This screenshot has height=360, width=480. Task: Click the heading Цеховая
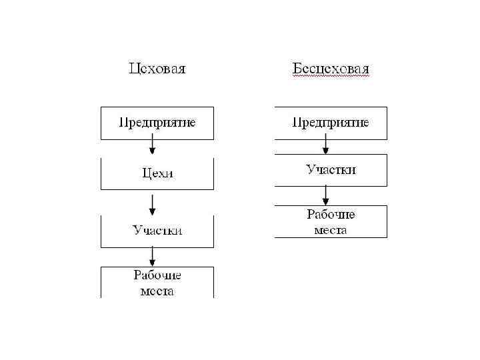pyautogui.click(x=157, y=69)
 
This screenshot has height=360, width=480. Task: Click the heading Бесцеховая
pyautogui.click(x=331, y=69)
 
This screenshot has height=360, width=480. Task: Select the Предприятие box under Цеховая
pyautogui.click(x=157, y=123)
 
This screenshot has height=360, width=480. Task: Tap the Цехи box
pyautogui.click(x=157, y=173)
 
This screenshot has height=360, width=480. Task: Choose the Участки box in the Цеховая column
pyautogui.click(x=157, y=231)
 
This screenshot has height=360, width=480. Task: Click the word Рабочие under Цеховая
pyautogui.click(x=157, y=275)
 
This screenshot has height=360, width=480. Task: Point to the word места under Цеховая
pyautogui.click(x=157, y=291)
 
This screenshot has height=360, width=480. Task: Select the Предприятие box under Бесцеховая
pyautogui.click(x=331, y=123)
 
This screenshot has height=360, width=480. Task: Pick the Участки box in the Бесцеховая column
pyautogui.click(x=331, y=170)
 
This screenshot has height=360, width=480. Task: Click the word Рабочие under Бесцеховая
pyautogui.click(x=331, y=215)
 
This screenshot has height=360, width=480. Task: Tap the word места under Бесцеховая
pyautogui.click(x=331, y=231)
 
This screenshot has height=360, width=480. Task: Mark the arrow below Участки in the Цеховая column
pyautogui.click(x=153, y=256)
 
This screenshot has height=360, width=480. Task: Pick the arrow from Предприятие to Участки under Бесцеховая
pyautogui.click(x=326, y=144)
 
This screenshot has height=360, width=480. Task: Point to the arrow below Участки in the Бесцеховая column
pyautogui.click(x=326, y=195)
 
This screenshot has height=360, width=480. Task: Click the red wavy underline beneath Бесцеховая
pyautogui.click(x=331, y=77)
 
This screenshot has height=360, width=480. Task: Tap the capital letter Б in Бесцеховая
pyautogui.click(x=297, y=69)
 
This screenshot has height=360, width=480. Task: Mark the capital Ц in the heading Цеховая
pyautogui.click(x=133, y=69)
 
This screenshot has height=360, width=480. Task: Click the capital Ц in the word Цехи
pyautogui.click(x=147, y=173)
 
